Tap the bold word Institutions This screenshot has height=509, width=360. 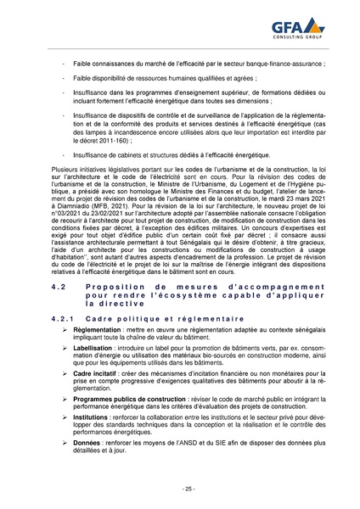click(x=94, y=419)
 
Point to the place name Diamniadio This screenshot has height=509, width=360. click(x=77, y=205)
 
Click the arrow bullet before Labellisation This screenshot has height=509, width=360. click(x=66, y=348)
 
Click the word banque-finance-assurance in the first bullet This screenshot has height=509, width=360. click(x=275, y=64)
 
